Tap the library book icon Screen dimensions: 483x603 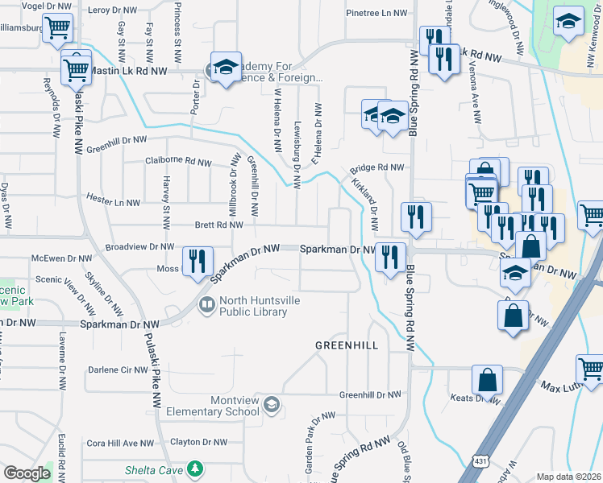(206, 303)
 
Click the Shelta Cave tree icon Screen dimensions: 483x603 (193, 469)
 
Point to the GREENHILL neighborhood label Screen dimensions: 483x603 (346, 345)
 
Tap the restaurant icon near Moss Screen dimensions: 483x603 (197, 262)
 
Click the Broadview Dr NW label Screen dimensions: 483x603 (140, 247)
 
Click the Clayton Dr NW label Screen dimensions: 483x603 (199, 442)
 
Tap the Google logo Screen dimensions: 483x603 (27, 473)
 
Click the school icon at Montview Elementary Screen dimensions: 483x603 (272, 404)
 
